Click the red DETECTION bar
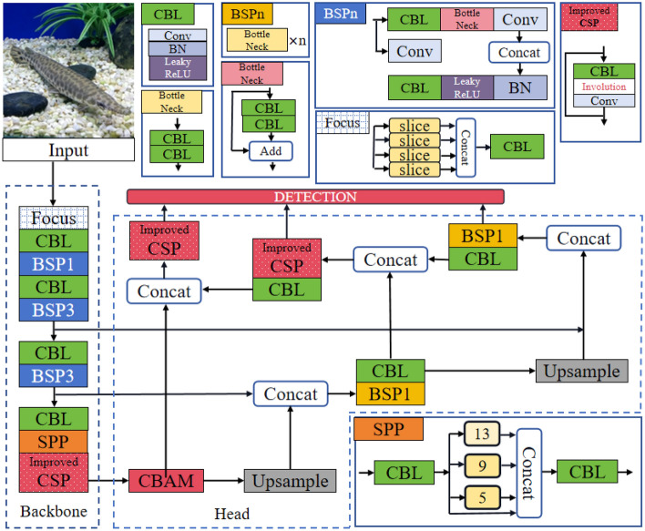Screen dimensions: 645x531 point(315,197)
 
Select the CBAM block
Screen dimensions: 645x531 point(166,481)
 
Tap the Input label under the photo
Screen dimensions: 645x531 point(68,149)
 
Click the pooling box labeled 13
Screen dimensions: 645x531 point(482,434)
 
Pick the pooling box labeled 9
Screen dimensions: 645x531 point(482,465)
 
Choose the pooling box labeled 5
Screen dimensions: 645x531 point(482,497)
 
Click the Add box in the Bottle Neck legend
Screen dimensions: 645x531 point(271,151)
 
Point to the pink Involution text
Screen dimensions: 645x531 point(603,87)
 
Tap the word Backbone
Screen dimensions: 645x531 point(54,511)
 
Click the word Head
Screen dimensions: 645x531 point(231,514)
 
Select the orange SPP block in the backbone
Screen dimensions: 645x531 point(54,442)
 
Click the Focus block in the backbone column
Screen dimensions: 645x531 point(54,218)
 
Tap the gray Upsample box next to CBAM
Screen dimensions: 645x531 point(290,481)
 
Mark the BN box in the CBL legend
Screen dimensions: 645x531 point(178,48)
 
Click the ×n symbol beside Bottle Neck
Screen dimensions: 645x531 point(297,41)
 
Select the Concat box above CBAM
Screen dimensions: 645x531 point(164,291)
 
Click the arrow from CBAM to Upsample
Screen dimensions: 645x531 point(224,480)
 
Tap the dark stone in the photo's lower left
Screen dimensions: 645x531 point(26,104)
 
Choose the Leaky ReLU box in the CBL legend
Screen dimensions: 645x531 point(178,68)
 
